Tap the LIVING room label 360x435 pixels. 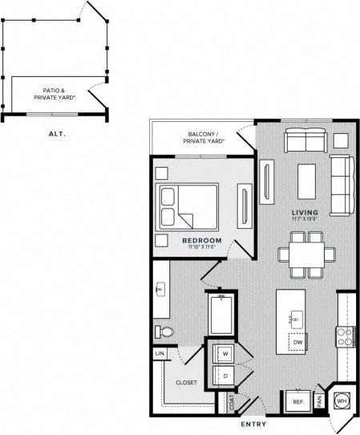[304, 212]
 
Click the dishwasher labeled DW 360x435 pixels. [297, 343]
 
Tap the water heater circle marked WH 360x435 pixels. [341, 400]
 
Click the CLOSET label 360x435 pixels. [186, 383]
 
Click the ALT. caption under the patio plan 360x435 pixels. [57, 135]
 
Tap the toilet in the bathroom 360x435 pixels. [164, 332]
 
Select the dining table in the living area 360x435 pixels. [306, 253]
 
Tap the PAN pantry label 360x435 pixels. [319, 399]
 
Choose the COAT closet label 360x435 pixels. [233, 400]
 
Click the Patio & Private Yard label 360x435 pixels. [55, 95]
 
